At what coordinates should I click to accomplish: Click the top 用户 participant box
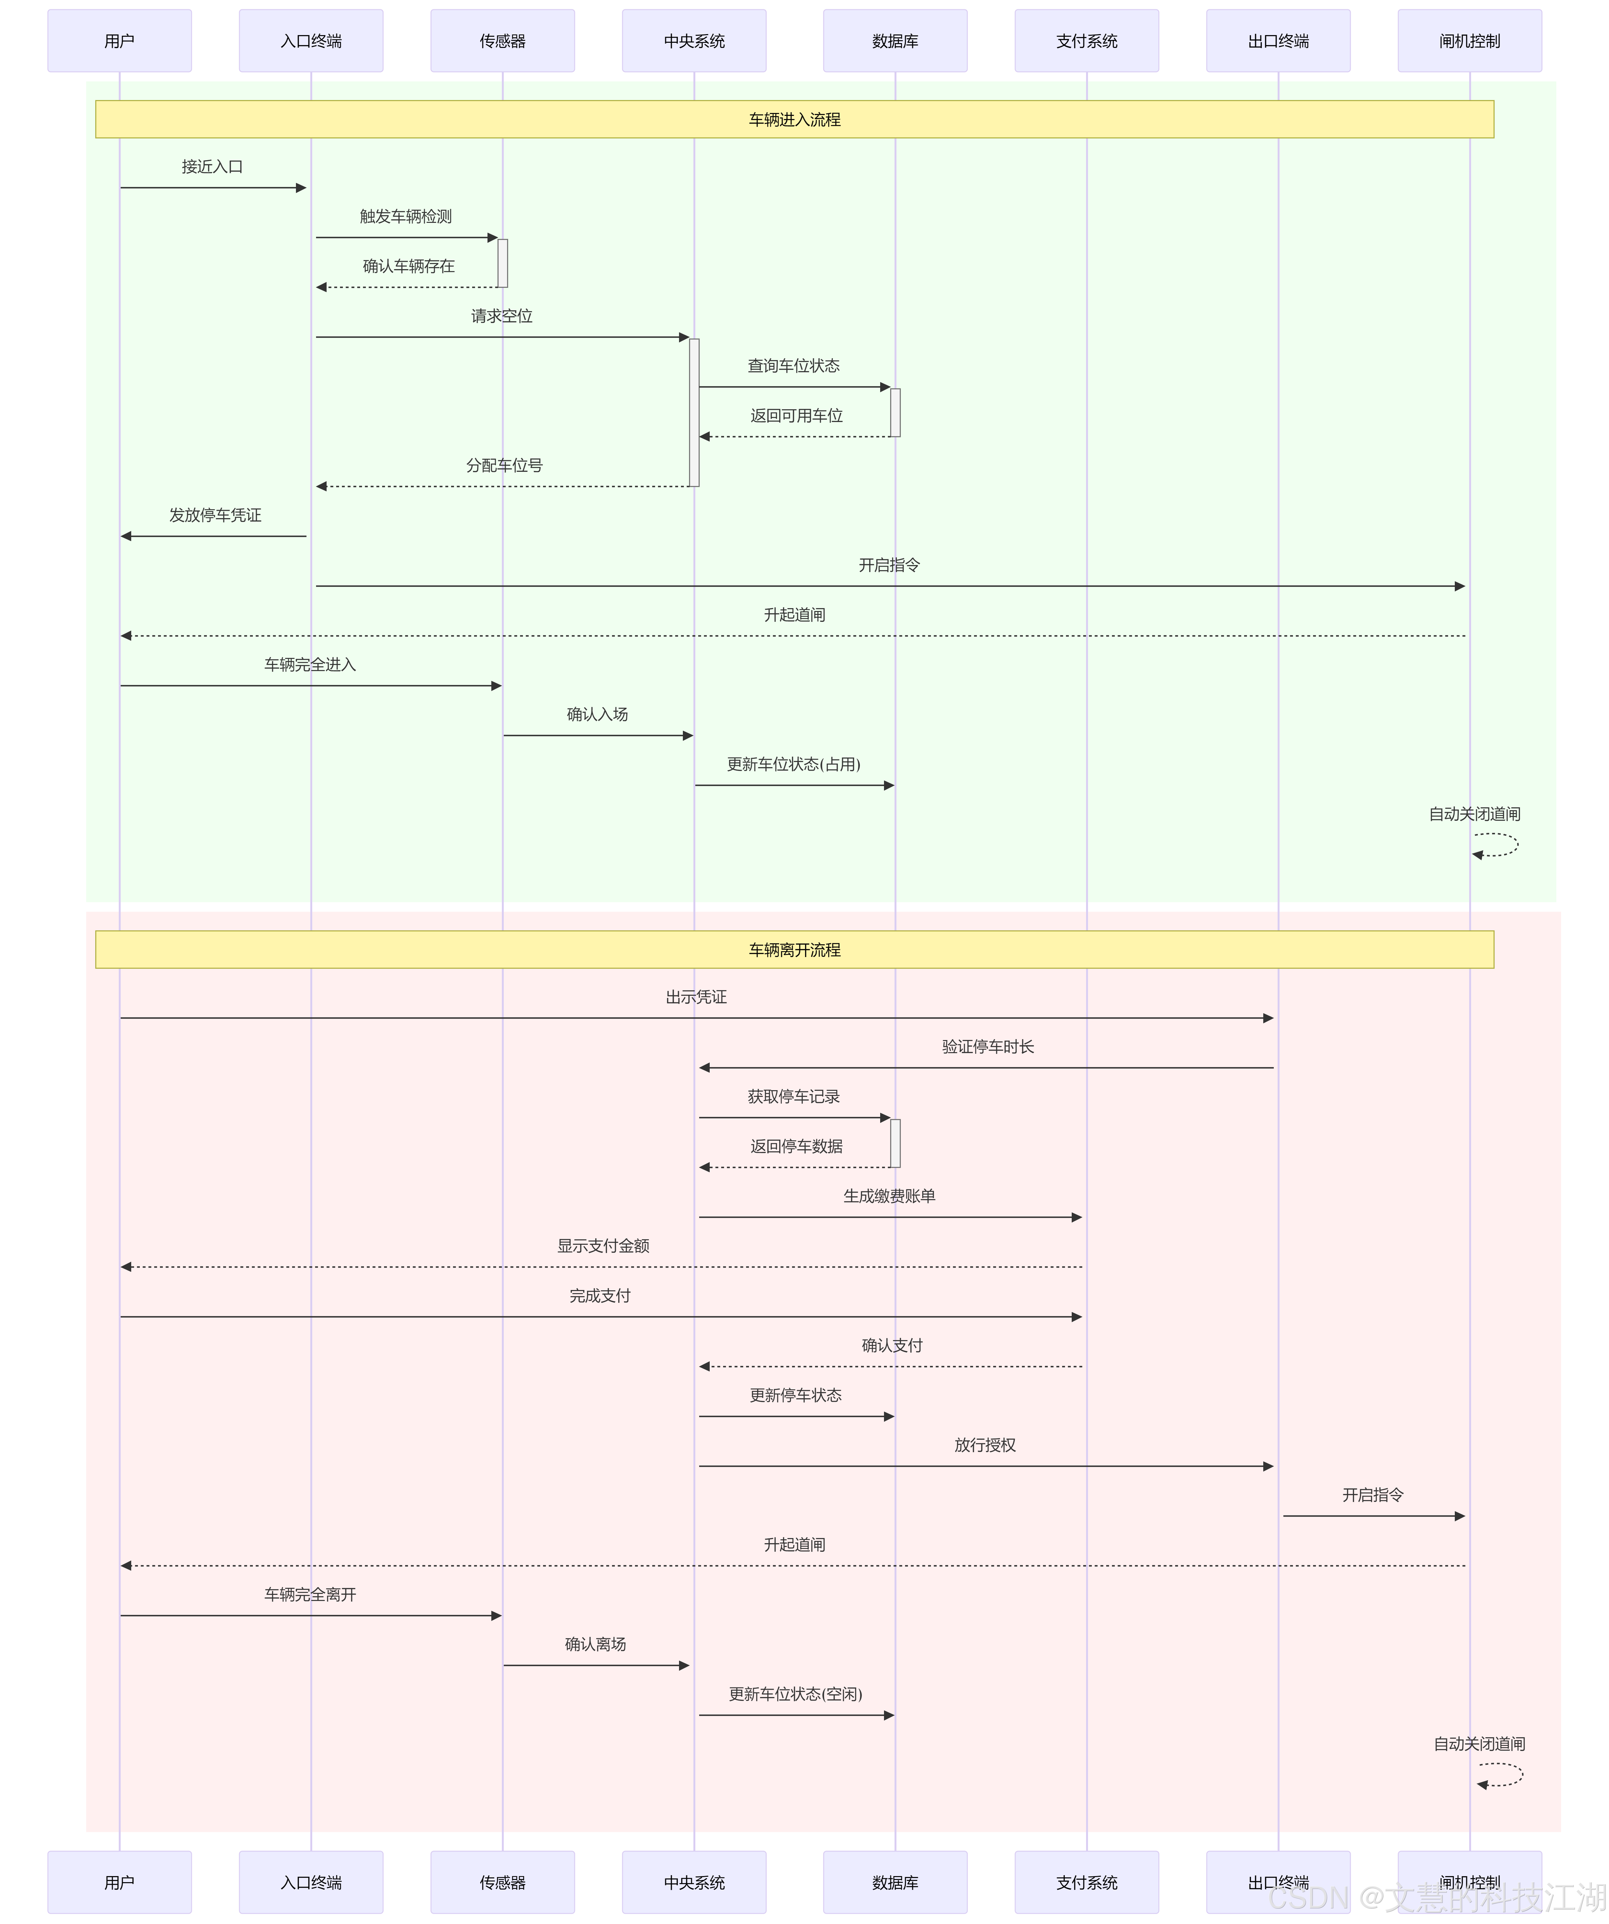(119, 40)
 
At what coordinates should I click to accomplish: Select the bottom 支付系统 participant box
(1087, 1882)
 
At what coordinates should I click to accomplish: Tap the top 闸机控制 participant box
(1470, 40)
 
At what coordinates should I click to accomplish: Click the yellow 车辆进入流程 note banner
(794, 119)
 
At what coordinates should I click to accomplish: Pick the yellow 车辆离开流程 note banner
(794, 949)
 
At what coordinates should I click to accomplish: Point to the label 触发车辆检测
(406, 216)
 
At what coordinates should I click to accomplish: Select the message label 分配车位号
(504, 465)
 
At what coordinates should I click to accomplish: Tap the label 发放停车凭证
(215, 515)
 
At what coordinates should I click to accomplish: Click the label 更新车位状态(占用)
(794, 764)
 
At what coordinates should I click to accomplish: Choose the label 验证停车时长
(988, 1046)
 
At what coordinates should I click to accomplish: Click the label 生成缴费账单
(889, 1196)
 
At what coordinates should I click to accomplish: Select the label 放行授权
(985, 1445)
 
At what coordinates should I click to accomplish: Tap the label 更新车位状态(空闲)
(795, 1694)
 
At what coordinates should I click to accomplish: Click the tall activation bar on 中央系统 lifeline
(695, 412)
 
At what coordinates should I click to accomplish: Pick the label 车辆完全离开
(310, 1594)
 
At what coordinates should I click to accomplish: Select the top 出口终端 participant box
(1278, 40)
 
